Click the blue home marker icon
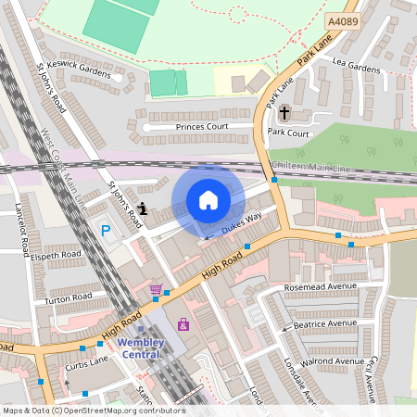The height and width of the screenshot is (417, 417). pyautogui.click(x=208, y=200)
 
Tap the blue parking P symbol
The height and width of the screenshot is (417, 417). pyautogui.click(x=105, y=230)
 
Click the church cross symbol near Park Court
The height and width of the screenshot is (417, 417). pyautogui.click(x=284, y=113)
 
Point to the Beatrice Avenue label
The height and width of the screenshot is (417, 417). pyautogui.click(x=324, y=325)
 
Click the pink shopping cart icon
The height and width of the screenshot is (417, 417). pyautogui.click(x=156, y=290)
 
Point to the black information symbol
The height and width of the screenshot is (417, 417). pyautogui.click(x=142, y=208)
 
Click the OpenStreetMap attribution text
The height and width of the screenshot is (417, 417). pyautogui.click(x=93, y=411)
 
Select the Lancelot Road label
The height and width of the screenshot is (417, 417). pyautogui.click(x=19, y=227)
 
